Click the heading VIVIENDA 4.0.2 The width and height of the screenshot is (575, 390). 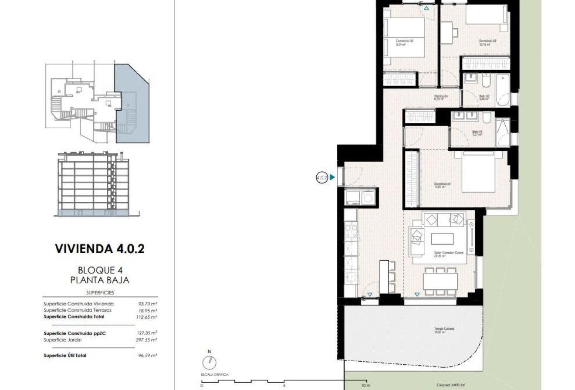[100, 249]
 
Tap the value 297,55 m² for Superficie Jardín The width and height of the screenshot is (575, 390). [147, 340]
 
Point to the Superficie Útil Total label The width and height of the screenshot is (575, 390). [65, 356]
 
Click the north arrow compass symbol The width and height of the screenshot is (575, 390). [210, 362]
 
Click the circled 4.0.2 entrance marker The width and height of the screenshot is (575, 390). [321, 177]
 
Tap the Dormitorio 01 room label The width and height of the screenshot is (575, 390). [443, 185]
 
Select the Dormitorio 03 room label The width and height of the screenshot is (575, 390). [404, 42]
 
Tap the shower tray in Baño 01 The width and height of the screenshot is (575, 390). [502, 132]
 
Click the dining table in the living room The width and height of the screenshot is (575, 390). [440, 280]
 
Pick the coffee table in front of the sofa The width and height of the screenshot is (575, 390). [442, 239]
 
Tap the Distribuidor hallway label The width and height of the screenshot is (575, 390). [441, 97]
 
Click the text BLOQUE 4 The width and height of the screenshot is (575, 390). [100, 270]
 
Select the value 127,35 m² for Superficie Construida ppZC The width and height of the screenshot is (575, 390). [147, 333]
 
